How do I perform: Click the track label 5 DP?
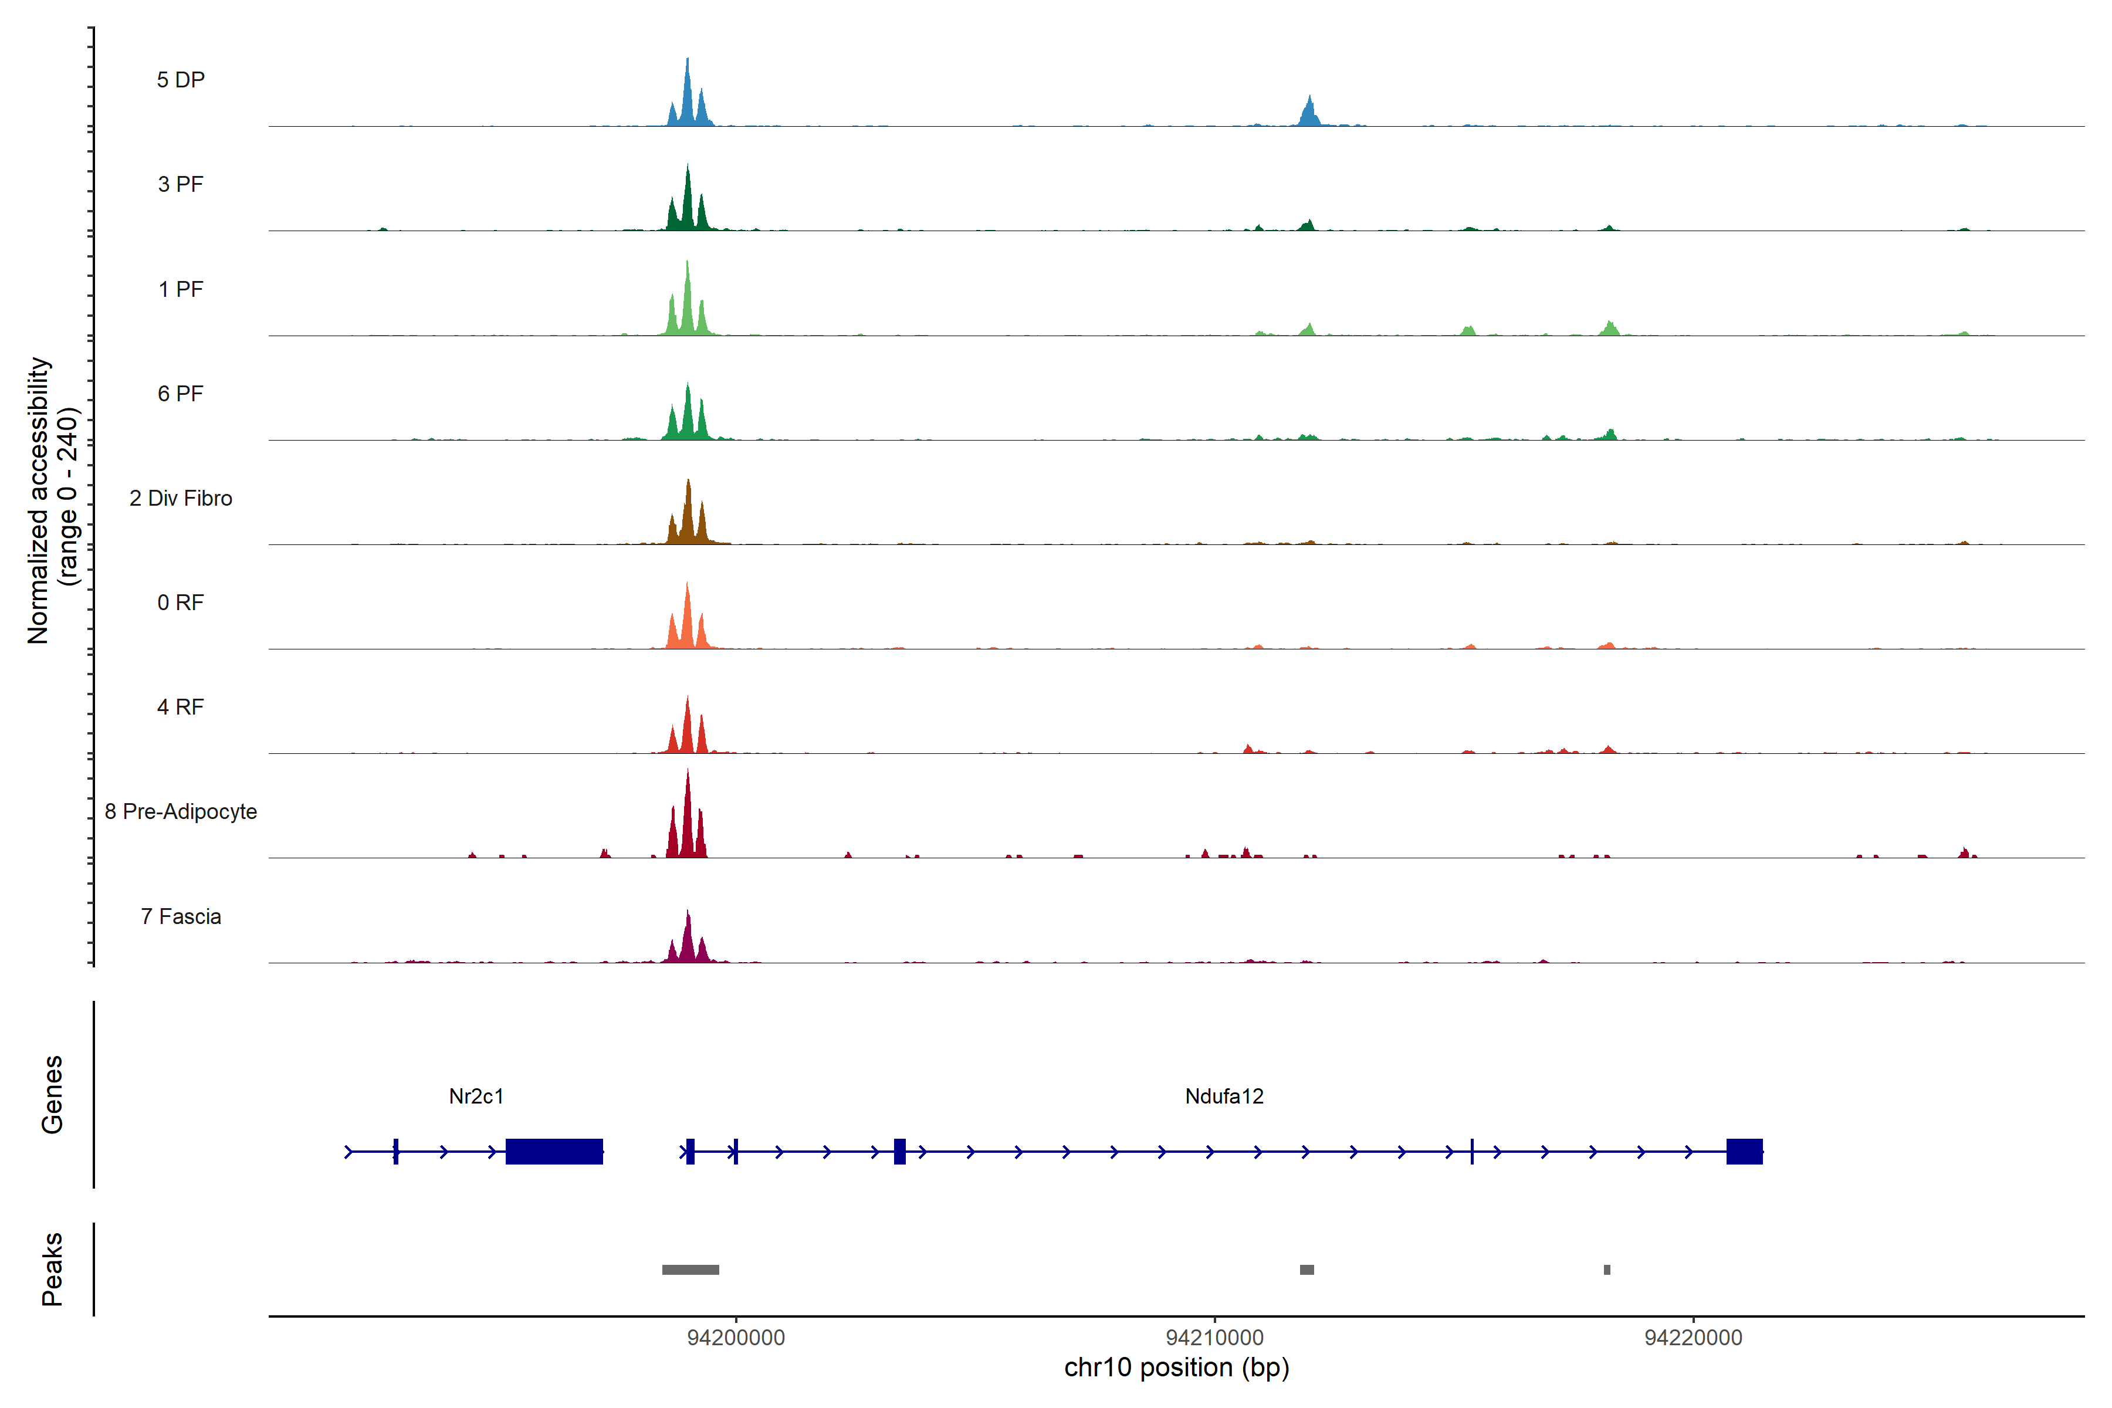click(181, 80)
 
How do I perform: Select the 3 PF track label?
click(181, 184)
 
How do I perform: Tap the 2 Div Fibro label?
click(181, 498)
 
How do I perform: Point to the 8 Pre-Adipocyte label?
click(181, 812)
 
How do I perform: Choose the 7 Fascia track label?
click(181, 917)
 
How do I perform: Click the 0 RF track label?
click(181, 603)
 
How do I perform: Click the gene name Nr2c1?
click(476, 1096)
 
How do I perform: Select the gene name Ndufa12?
click(1224, 1096)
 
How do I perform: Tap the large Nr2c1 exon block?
click(554, 1151)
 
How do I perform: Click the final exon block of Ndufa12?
click(1744, 1151)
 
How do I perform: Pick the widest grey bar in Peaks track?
click(691, 1270)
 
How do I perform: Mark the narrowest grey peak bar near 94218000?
click(1606, 1270)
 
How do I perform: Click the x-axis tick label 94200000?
click(736, 1338)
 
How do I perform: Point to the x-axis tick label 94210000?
click(1214, 1338)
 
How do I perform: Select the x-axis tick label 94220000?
click(1693, 1338)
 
